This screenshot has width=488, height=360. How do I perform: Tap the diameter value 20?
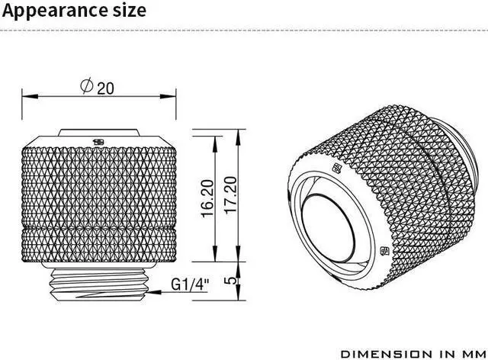[105, 88]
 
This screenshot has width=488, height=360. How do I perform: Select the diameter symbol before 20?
[87, 85]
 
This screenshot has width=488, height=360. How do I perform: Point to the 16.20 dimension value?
[208, 198]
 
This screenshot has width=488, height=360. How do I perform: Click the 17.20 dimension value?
[231, 195]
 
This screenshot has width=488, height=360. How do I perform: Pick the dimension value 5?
[230, 280]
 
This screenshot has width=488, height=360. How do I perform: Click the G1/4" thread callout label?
[190, 284]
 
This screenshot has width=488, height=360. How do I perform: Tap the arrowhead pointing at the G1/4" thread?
[154, 292]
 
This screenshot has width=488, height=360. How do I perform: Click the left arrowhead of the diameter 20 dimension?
[30, 96]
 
